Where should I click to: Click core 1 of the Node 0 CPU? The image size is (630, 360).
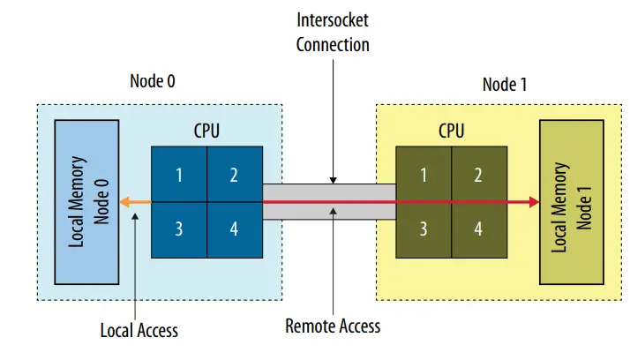tap(179, 174)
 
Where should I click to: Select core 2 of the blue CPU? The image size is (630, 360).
tap(235, 174)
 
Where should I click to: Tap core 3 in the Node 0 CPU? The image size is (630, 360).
tap(179, 229)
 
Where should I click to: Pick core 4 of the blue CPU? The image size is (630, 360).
tap(235, 229)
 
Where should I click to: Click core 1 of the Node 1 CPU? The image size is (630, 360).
tap(424, 174)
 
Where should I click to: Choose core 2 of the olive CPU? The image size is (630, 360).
tap(478, 174)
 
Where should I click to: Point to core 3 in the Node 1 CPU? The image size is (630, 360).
tap(424, 229)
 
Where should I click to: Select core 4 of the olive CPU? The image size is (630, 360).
tap(478, 229)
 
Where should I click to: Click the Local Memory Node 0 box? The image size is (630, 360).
tap(86, 201)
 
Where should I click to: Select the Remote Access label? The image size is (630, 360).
tap(333, 326)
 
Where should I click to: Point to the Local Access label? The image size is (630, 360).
tap(139, 330)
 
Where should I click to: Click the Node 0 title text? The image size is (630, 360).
tap(153, 81)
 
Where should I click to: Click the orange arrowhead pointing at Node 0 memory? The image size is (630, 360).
tap(125, 202)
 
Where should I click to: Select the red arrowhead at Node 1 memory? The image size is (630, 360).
tap(533, 202)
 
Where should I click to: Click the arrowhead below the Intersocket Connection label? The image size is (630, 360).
tap(332, 180)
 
